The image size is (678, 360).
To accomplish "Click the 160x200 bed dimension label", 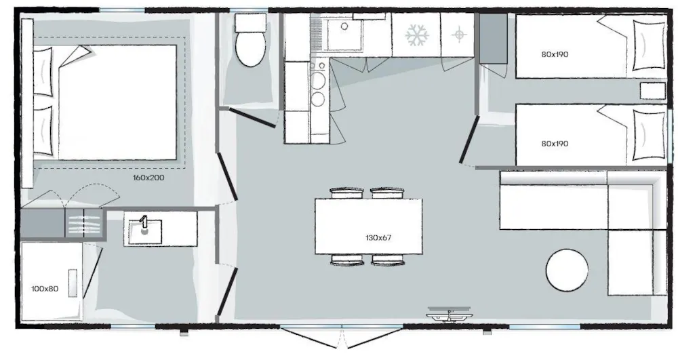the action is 148,178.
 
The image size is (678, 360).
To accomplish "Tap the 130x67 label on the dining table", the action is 378,238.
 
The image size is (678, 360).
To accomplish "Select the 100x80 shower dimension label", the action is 45,289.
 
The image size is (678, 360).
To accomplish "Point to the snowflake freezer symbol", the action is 417,35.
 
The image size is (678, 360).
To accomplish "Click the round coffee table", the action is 567,270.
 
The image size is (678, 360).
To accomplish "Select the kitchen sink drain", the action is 344,26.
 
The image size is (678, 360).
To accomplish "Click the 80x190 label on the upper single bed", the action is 555,54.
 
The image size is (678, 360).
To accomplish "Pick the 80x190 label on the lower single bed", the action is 555,144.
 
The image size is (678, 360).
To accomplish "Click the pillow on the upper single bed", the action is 649,45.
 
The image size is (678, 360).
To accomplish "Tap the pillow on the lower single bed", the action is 649,136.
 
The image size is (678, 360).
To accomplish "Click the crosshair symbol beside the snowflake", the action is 459,34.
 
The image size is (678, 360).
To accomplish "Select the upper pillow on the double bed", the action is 43,71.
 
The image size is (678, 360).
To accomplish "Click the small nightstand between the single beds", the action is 652,91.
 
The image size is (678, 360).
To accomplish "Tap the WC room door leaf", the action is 252,118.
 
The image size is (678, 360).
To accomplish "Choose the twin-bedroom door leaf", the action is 468,139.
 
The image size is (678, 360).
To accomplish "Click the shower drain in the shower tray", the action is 73,283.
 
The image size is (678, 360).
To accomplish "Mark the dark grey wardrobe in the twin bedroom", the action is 494,39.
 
